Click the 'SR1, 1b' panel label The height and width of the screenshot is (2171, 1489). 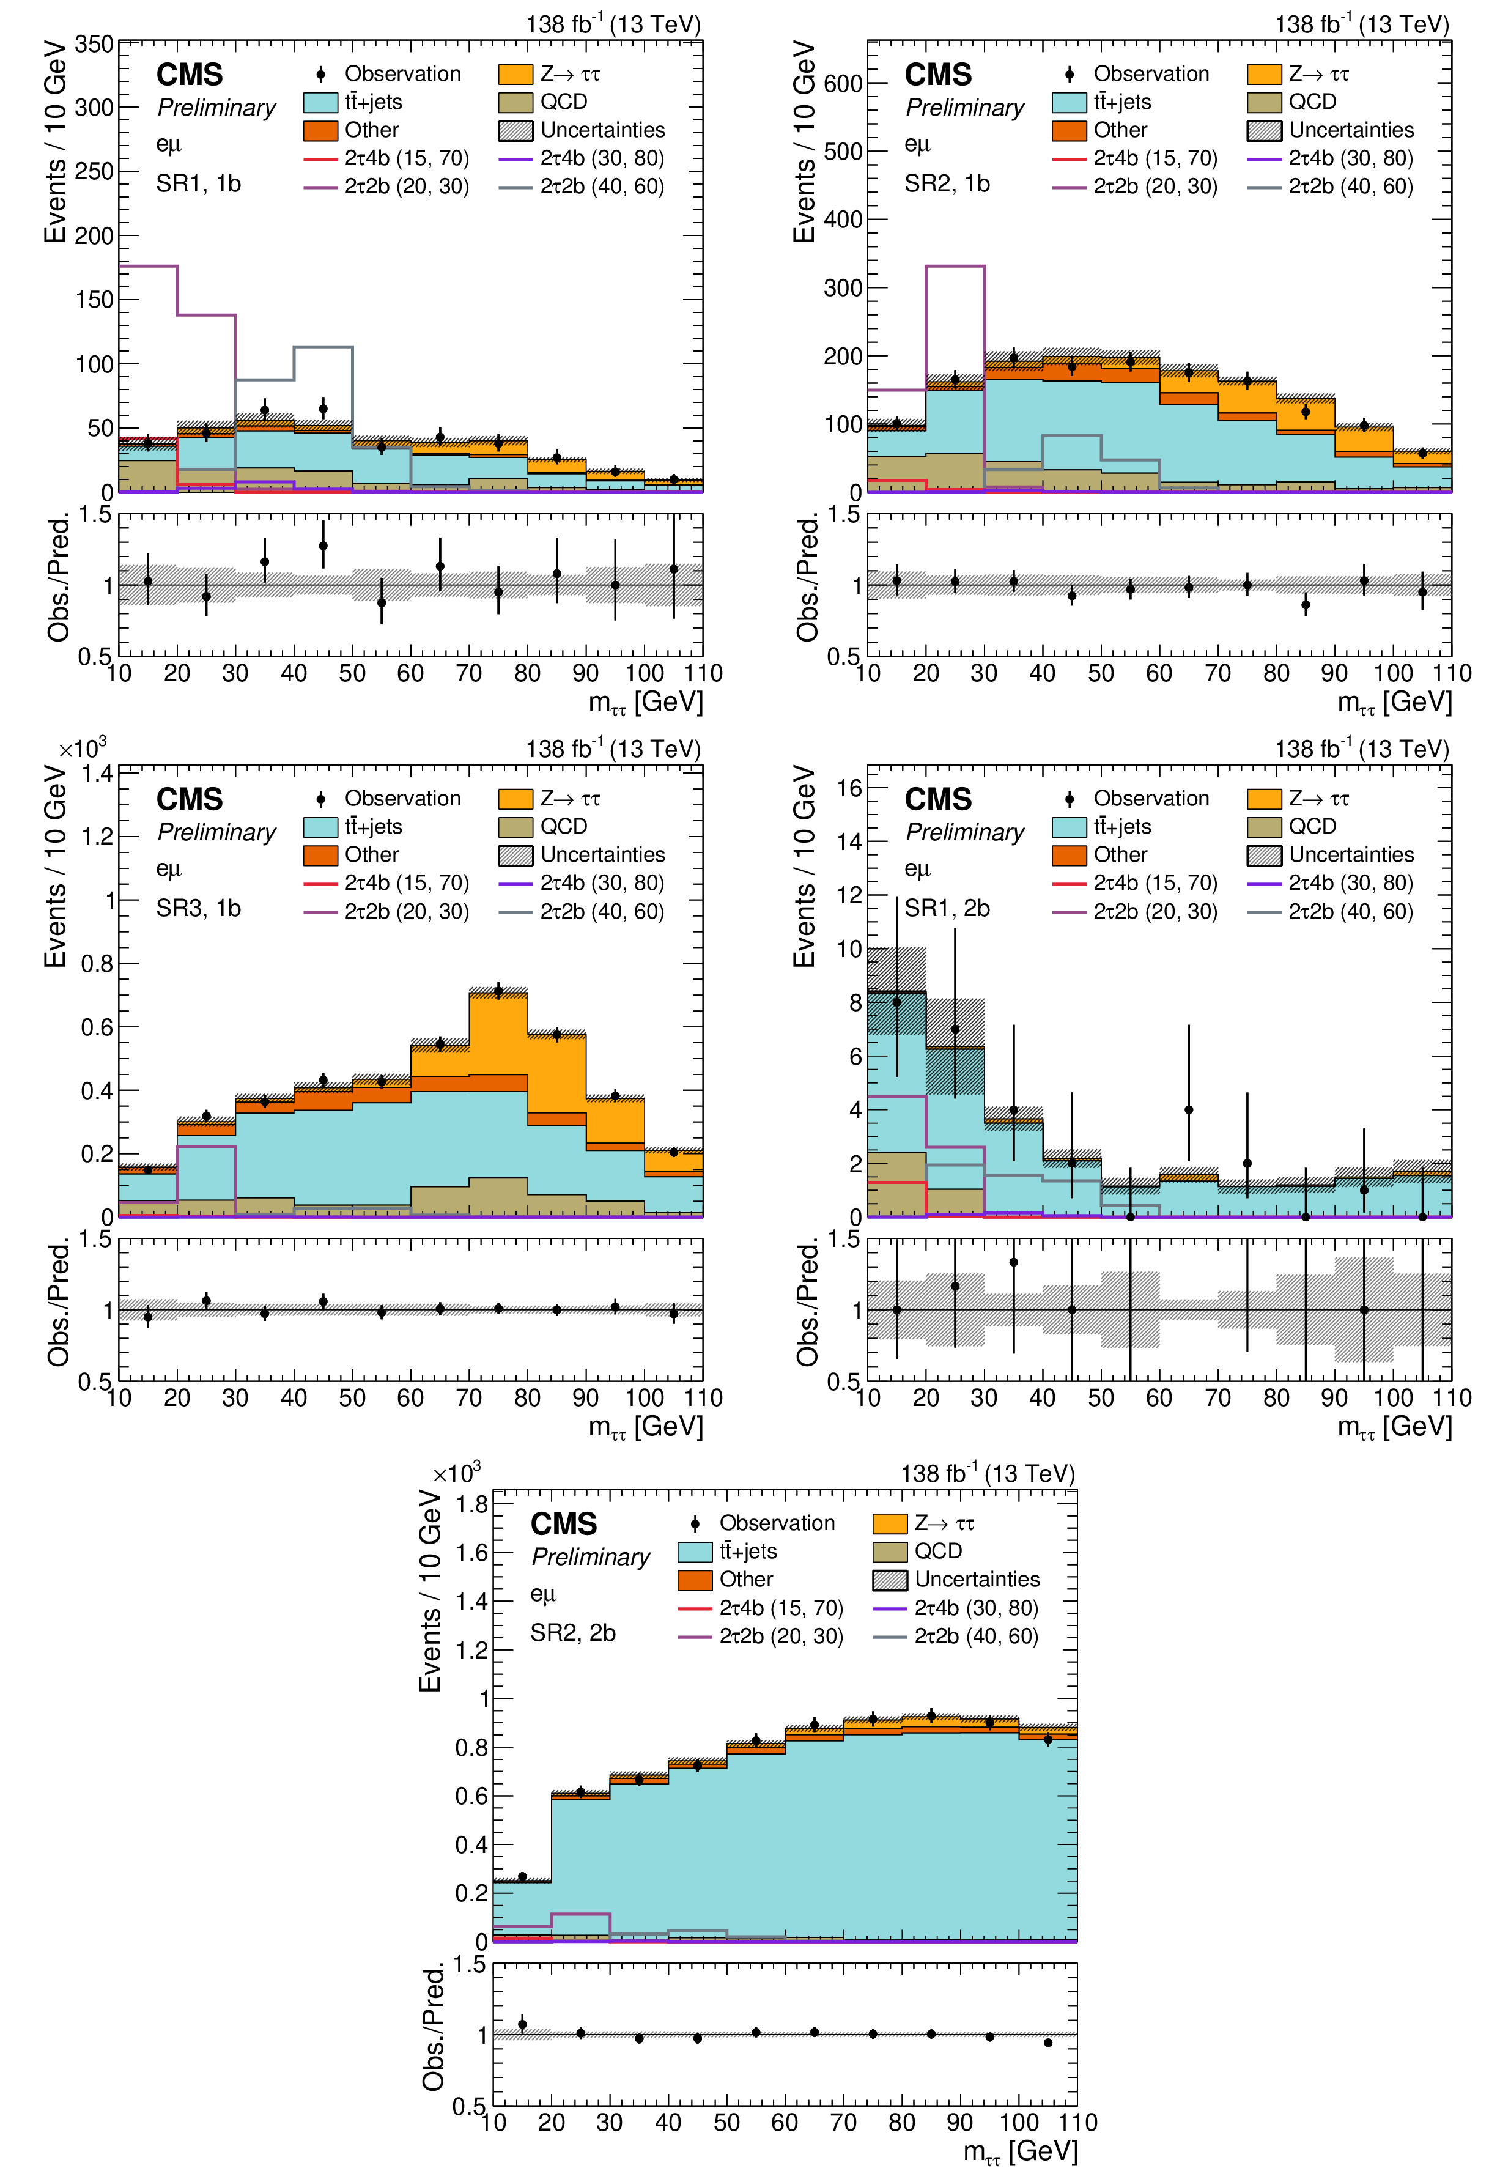(x=198, y=184)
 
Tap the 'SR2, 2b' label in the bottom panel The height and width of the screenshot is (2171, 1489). (x=572, y=1633)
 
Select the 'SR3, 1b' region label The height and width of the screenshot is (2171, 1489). (x=198, y=908)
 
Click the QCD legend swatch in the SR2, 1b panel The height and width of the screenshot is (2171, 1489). (x=1264, y=102)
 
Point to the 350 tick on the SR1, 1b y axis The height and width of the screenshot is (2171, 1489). (x=94, y=44)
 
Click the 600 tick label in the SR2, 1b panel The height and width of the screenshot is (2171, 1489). (x=843, y=83)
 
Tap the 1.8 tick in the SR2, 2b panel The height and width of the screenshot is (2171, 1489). (x=471, y=1504)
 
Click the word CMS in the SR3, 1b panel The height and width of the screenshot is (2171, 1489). (x=190, y=800)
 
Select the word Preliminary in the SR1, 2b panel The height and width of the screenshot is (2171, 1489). (x=965, y=832)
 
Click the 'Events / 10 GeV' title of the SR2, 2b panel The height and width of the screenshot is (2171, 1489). (x=430, y=1591)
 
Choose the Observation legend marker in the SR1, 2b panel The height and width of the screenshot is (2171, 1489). (x=1070, y=799)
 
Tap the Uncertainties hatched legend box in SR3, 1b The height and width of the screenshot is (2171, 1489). (x=515, y=855)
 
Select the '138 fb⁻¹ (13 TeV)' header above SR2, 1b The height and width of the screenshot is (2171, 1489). (x=1362, y=23)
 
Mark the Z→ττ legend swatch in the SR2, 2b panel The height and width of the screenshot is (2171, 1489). (x=889, y=1523)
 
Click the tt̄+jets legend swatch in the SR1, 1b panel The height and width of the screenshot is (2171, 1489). (x=320, y=102)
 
